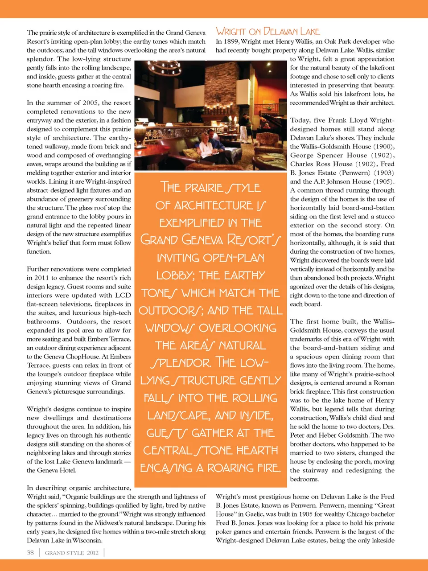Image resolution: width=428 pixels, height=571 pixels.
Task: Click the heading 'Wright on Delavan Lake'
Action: coord(267,31)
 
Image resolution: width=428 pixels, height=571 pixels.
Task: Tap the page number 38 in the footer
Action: coord(30,553)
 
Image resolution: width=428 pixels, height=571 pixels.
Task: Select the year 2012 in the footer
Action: coord(93,553)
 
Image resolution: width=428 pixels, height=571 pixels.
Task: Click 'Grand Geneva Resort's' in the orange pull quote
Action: coord(210,240)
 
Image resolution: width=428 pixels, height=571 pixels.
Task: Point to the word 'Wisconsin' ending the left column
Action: coord(88,541)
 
